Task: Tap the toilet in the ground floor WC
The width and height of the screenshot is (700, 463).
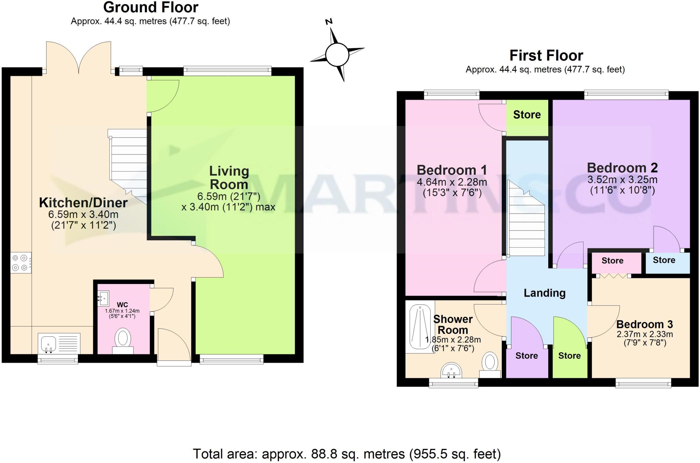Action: (x=123, y=340)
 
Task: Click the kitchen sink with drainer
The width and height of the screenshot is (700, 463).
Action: (x=59, y=343)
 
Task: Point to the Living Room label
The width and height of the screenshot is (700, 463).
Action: (x=229, y=178)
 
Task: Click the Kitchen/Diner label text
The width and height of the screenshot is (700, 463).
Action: (x=83, y=203)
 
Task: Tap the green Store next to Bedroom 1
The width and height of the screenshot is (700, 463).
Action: (x=527, y=115)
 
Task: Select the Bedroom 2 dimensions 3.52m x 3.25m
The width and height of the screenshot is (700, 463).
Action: (x=622, y=180)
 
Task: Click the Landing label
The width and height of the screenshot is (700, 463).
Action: (x=544, y=293)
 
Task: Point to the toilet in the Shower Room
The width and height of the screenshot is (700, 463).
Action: (x=490, y=364)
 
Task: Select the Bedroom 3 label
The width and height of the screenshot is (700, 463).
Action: (x=644, y=324)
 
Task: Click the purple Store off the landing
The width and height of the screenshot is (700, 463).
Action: (x=526, y=356)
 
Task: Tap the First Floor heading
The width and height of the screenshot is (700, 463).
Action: (x=546, y=55)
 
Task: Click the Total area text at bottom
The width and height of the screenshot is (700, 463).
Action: (x=347, y=454)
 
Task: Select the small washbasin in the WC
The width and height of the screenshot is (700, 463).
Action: (x=104, y=298)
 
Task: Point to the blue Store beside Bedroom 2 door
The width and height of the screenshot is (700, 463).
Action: (x=664, y=260)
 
